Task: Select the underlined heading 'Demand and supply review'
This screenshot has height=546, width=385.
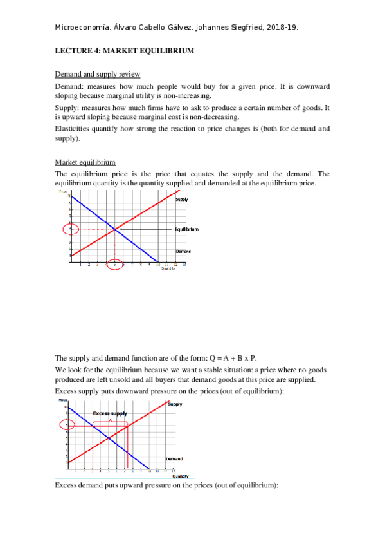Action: [98, 74]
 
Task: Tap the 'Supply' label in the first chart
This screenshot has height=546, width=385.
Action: [181, 200]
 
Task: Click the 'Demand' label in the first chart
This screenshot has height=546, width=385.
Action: [183, 251]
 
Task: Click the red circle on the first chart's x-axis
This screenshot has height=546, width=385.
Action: [114, 265]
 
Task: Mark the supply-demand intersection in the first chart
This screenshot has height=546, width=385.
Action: [115, 229]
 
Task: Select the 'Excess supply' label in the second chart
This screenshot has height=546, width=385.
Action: [110, 413]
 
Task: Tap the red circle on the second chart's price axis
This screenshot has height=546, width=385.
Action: [68, 424]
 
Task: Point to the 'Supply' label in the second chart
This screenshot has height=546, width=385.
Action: [175, 404]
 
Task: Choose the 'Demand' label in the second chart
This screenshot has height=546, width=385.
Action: [174, 459]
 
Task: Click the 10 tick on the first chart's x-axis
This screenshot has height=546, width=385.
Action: [157, 264]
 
